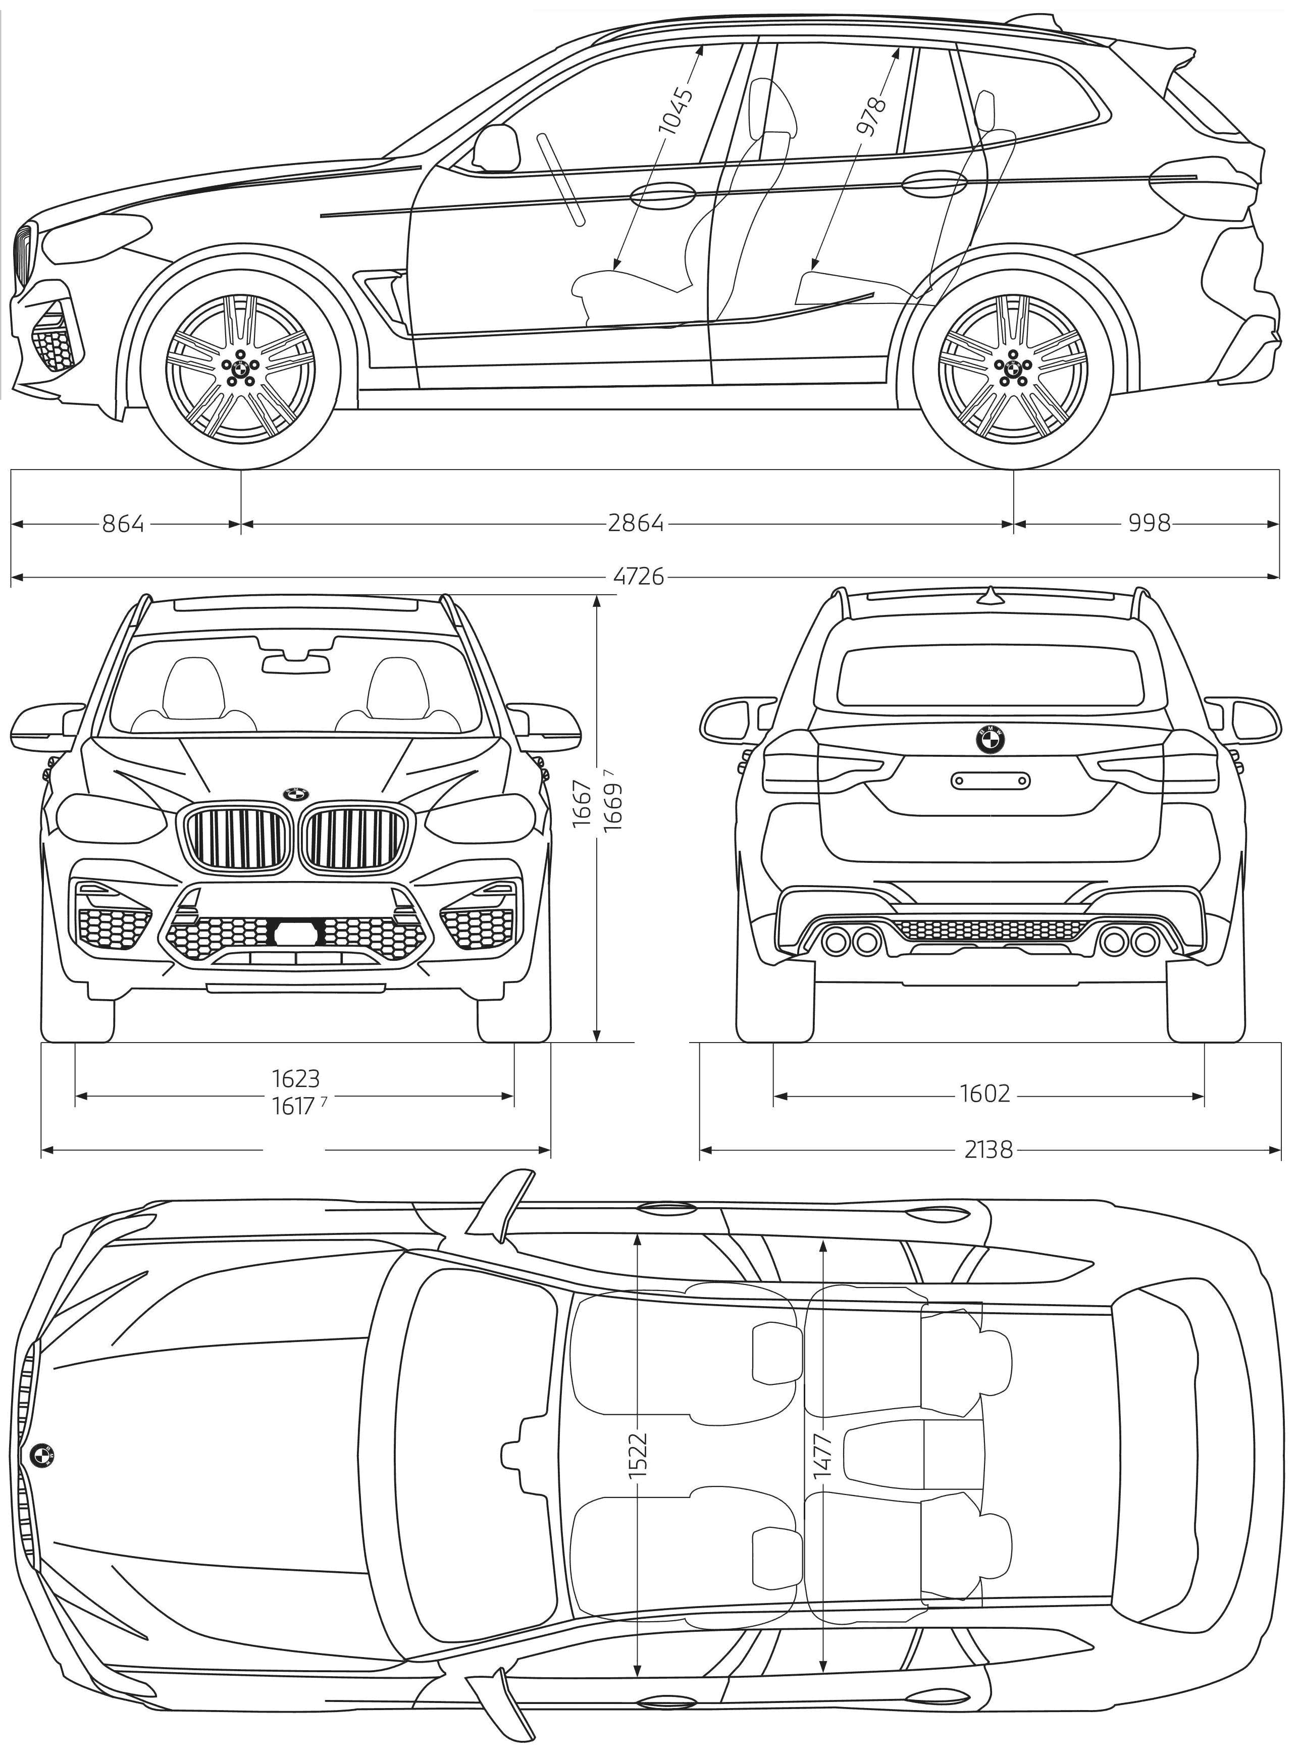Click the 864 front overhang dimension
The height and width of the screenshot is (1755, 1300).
[124, 524]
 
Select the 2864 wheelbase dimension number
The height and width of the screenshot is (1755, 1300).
[636, 524]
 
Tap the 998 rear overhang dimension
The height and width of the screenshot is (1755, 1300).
[1150, 524]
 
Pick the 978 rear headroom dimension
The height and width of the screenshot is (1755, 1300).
[872, 117]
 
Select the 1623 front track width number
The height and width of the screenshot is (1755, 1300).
[296, 1077]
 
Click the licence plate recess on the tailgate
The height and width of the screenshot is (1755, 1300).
[990, 780]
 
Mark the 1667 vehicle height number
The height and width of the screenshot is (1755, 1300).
[582, 803]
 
